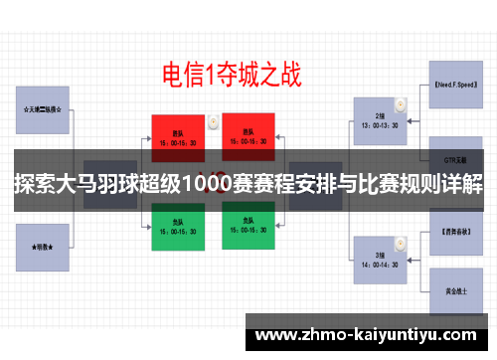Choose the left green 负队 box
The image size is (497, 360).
(179, 228)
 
